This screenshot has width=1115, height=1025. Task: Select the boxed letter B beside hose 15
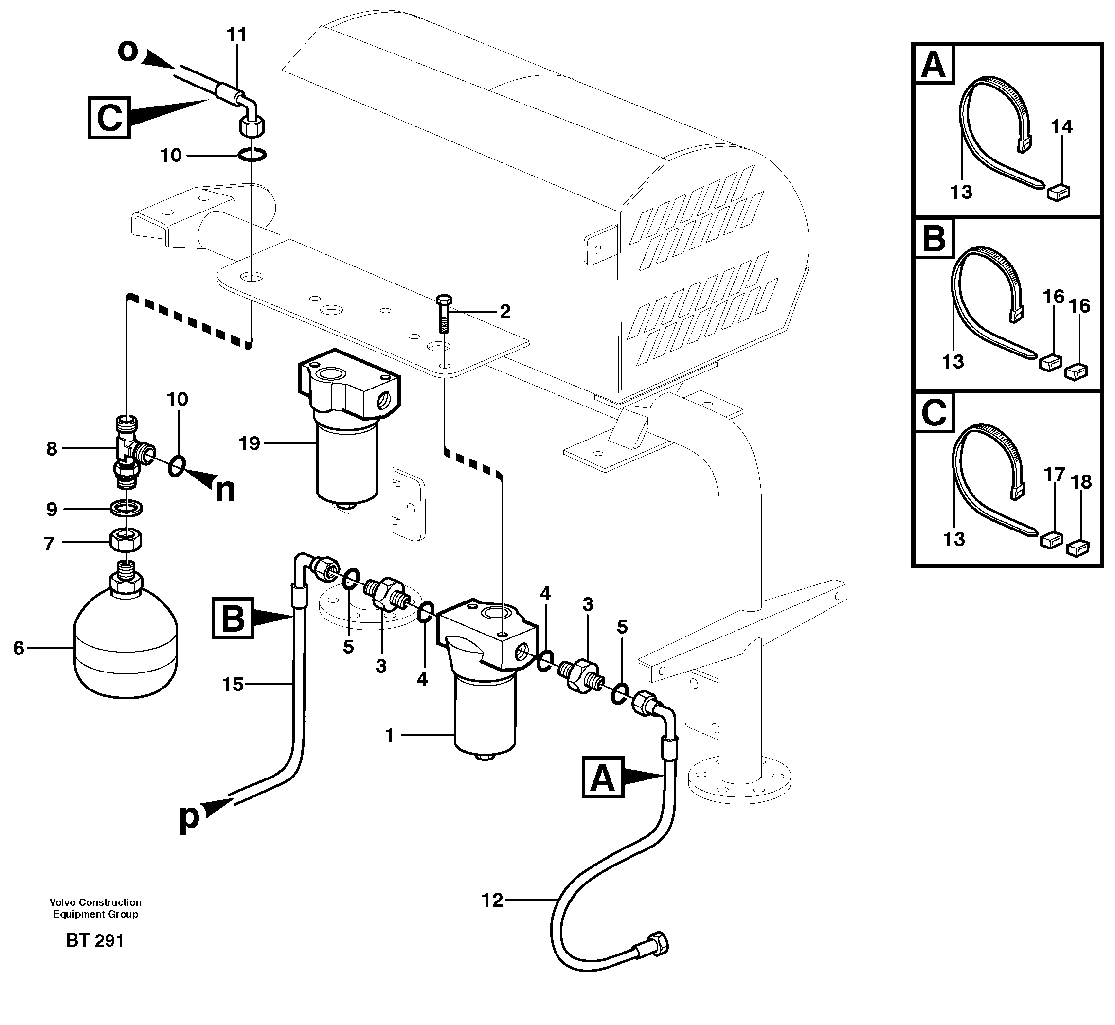[233, 619]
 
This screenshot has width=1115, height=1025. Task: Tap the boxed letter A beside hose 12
[603, 778]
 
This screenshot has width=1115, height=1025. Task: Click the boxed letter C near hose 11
[109, 118]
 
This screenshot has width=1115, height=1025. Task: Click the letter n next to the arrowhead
[225, 490]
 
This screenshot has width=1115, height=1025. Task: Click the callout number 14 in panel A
[1061, 127]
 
